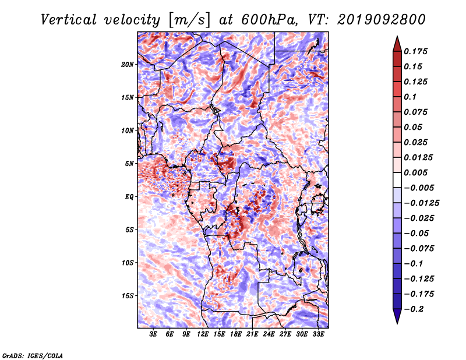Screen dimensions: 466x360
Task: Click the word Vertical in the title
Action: click(x=69, y=20)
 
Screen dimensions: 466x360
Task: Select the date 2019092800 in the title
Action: click(x=382, y=20)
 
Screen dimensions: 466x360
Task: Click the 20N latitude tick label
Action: click(x=128, y=65)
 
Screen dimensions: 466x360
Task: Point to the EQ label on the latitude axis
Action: click(x=129, y=197)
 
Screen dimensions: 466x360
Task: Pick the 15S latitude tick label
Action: click(x=128, y=296)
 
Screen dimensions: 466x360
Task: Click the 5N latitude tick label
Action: click(x=129, y=164)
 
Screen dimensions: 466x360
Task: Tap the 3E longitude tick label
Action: click(x=153, y=334)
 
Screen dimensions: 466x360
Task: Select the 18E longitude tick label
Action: click(x=236, y=334)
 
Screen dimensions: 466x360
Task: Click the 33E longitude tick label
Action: click(x=318, y=334)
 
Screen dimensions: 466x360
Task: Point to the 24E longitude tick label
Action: click(x=269, y=334)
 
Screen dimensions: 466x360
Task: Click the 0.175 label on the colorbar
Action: click(x=415, y=51)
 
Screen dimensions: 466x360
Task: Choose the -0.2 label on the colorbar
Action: click(x=414, y=309)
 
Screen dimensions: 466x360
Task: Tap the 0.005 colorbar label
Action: click(x=415, y=172)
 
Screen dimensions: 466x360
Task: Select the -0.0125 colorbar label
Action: click(x=421, y=203)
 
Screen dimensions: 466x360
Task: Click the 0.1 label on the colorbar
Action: click(x=410, y=97)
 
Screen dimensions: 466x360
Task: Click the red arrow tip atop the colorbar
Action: click(x=397, y=37)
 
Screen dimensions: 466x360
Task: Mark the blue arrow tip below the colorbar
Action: click(x=397, y=323)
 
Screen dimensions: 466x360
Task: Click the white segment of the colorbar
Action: click(x=397, y=180)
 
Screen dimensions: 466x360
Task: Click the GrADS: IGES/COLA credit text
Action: click(x=33, y=355)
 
